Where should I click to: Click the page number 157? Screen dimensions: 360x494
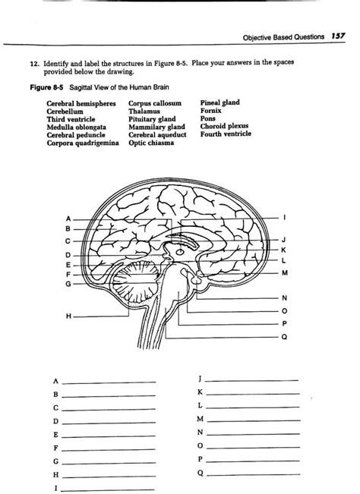[x=338, y=36]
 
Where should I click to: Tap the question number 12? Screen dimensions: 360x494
[x=34, y=64]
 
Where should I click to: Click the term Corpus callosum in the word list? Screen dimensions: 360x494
[x=155, y=103]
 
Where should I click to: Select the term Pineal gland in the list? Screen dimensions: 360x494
[x=219, y=102]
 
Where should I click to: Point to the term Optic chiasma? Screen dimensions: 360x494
[x=151, y=143]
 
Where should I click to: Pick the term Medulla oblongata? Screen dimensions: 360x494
[x=76, y=127]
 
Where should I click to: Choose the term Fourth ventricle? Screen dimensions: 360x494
[x=226, y=134]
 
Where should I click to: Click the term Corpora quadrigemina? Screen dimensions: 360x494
[x=83, y=143]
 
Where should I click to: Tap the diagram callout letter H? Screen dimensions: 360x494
[x=68, y=316]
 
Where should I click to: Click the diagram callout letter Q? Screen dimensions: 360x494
[x=284, y=337]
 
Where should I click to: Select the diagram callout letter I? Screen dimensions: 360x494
[x=284, y=217]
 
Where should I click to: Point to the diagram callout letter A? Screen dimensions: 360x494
[x=68, y=219]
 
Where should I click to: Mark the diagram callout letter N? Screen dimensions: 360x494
[x=284, y=297]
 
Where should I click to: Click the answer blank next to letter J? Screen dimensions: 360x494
[x=252, y=381]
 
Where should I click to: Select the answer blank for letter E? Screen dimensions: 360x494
[x=109, y=436]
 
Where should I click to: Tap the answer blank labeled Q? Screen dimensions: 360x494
[x=253, y=474]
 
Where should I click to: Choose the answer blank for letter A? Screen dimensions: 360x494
[x=109, y=382]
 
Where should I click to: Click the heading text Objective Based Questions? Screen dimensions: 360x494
[x=283, y=37]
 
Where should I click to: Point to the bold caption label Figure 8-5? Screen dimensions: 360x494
[x=46, y=87]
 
